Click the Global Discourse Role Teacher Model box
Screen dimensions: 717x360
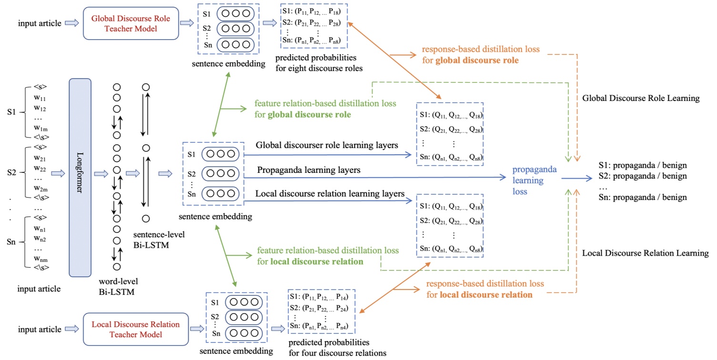(x=131, y=23)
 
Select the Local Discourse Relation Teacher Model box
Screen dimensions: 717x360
(x=136, y=329)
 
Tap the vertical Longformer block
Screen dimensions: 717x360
(x=80, y=178)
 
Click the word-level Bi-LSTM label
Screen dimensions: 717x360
(x=118, y=286)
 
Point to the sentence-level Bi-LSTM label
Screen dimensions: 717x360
(x=159, y=240)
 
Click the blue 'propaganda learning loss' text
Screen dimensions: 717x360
(x=535, y=180)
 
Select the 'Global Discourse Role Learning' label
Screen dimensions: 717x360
(x=641, y=98)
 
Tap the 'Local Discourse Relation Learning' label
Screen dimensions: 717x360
(x=645, y=253)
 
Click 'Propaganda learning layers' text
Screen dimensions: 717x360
(x=309, y=170)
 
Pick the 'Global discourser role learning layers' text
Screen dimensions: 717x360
(x=327, y=145)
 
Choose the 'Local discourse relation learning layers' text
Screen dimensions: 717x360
(x=330, y=194)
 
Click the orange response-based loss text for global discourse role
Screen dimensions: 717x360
(x=481, y=55)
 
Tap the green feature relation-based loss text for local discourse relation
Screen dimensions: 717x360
(x=328, y=256)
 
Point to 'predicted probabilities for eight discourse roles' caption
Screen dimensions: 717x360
(x=319, y=63)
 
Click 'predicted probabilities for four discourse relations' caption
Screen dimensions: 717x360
(x=337, y=348)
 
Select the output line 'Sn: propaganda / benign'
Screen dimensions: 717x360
(x=643, y=198)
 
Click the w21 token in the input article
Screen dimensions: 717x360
(x=40, y=158)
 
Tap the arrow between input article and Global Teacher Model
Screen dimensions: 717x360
(x=71, y=23)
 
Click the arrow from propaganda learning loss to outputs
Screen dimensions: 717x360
(x=577, y=178)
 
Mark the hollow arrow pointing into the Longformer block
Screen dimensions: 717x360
(x=58, y=173)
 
